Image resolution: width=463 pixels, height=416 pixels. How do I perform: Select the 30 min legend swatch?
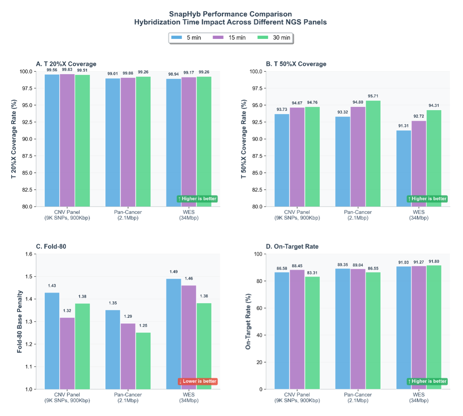point(263,37)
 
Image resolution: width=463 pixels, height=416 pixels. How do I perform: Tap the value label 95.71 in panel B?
point(373,96)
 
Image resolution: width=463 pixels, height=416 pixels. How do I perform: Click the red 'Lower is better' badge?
point(198,381)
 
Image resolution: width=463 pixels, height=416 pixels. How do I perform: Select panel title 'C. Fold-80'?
point(51,246)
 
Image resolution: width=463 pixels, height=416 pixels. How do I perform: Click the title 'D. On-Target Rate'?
point(292,246)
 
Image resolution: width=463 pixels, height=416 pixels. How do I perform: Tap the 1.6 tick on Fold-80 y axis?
point(29,254)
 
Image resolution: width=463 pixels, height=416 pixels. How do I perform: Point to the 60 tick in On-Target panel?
point(259,308)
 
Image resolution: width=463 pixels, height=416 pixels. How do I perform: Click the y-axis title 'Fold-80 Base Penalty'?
point(20,322)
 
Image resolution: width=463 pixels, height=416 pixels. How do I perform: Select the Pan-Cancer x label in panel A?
point(128,215)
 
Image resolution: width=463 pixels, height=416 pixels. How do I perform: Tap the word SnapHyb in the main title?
point(185,14)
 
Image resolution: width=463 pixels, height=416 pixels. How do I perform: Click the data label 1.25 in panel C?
point(143,326)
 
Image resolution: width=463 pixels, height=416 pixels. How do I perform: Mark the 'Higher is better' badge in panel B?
point(427,199)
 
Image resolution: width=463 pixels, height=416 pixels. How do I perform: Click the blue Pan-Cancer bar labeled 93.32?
point(343,161)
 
